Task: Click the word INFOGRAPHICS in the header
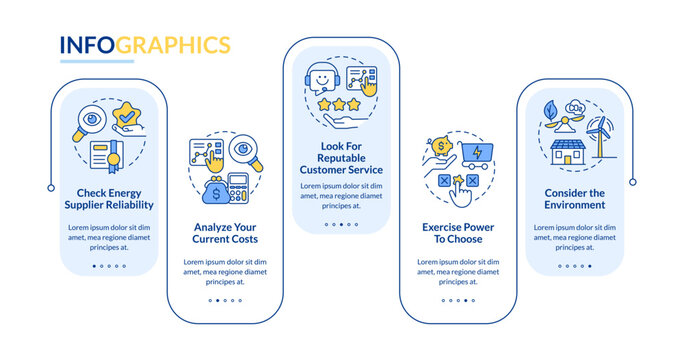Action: click(x=144, y=45)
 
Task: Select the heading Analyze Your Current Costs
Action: click(x=226, y=233)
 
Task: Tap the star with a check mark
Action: click(x=127, y=119)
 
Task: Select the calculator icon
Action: click(x=241, y=186)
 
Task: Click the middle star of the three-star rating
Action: click(x=341, y=104)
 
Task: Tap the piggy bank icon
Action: click(x=441, y=147)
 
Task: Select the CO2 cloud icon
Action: click(x=578, y=104)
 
